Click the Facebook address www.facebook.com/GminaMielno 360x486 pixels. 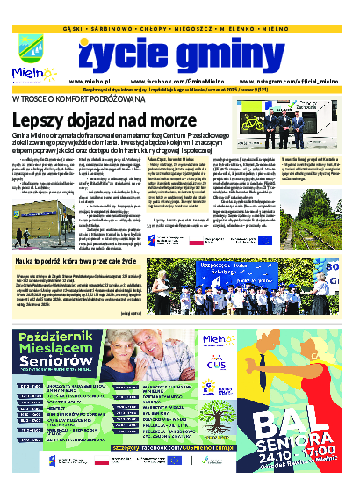tap(171, 79)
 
